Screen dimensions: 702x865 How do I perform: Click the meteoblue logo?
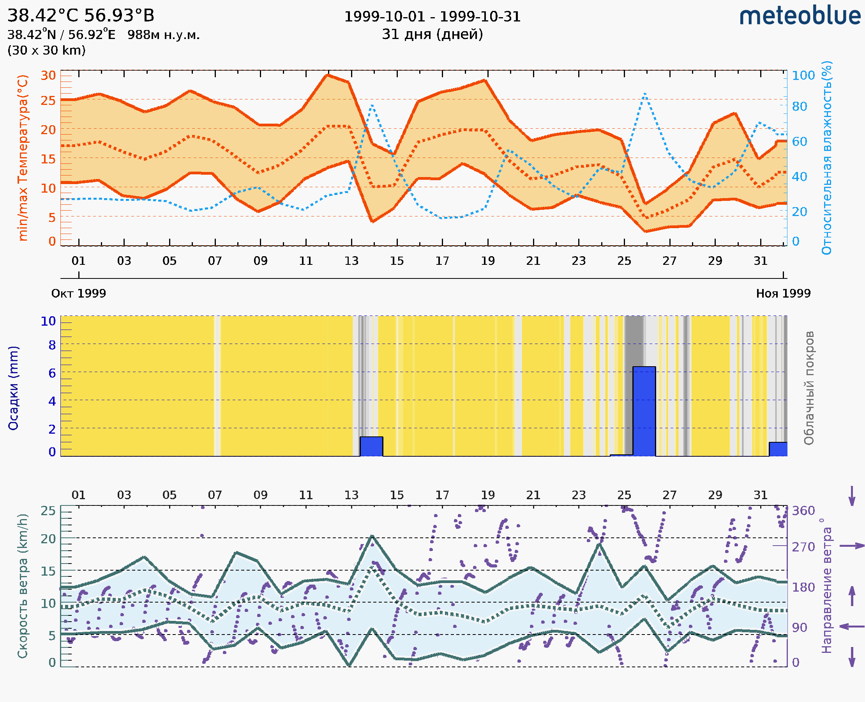(x=800, y=16)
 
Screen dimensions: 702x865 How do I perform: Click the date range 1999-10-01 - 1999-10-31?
(x=432, y=17)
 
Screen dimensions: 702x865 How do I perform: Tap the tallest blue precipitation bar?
(x=644, y=411)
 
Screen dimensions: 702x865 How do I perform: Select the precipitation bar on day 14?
(x=371, y=446)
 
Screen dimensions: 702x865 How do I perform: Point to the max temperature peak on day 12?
(x=328, y=75)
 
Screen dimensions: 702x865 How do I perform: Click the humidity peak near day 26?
(x=645, y=94)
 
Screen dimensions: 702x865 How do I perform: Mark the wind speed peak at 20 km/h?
(x=372, y=536)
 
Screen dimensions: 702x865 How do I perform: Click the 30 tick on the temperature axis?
(x=48, y=76)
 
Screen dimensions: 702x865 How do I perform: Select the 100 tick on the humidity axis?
(x=803, y=76)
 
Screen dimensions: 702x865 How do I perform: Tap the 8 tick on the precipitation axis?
(x=52, y=345)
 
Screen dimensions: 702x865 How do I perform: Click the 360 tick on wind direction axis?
(x=803, y=511)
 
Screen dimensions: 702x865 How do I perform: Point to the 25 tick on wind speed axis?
(x=48, y=511)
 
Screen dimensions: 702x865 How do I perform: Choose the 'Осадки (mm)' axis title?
(x=13, y=388)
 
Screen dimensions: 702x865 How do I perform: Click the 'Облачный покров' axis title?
(x=809, y=388)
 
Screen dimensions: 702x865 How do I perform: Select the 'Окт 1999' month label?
(x=78, y=293)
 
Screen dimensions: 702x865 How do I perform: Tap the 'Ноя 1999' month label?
(x=783, y=293)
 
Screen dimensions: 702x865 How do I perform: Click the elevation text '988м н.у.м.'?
(x=163, y=35)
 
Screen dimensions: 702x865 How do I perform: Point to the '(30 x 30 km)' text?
(x=46, y=50)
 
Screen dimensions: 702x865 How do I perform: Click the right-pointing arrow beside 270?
(x=852, y=546)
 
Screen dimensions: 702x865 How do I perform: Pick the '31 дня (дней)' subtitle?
(x=432, y=34)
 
